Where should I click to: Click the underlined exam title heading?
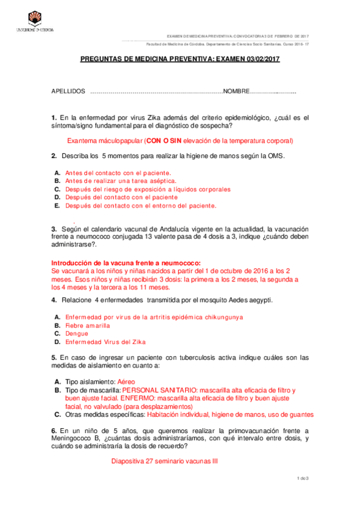pos(180,60)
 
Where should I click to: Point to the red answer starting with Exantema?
pos(180,141)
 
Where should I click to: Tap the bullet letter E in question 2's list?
pos(57,205)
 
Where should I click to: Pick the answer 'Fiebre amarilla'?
pos(88,325)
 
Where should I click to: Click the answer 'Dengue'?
pos(76,333)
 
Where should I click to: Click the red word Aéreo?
pos(126,381)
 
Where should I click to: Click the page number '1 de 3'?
pos(303,478)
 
